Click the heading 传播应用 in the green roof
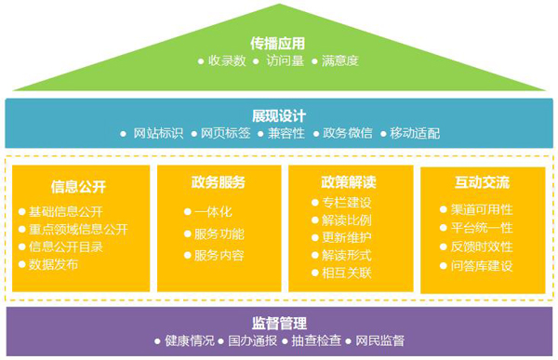[277, 44]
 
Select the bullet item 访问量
[286, 60]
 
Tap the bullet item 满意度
[340, 60]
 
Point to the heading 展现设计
[279, 116]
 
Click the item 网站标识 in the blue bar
[158, 133]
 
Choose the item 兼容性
[286, 133]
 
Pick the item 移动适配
[415, 133]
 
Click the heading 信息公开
[78, 187]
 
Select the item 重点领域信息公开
[78, 230]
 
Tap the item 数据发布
[53, 264]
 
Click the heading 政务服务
[219, 182]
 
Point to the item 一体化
[213, 212]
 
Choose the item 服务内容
[219, 255]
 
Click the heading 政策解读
[349, 182]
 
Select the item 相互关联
[347, 273]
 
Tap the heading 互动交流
[482, 182]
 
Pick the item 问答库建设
[482, 266]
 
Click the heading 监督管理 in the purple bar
[279, 324]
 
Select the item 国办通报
[253, 340]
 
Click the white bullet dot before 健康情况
[157, 341]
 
